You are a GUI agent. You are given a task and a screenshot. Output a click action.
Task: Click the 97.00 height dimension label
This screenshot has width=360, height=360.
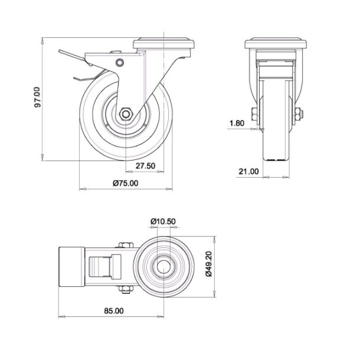click(37, 97)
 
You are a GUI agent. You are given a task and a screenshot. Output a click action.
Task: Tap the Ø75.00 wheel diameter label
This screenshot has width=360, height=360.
click(125, 184)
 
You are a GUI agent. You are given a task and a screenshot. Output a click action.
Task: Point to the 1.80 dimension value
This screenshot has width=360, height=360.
click(236, 123)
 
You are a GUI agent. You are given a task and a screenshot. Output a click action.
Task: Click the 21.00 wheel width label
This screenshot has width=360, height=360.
click(248, 172)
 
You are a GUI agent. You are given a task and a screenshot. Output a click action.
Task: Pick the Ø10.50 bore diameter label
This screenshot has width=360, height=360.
click(163, 221)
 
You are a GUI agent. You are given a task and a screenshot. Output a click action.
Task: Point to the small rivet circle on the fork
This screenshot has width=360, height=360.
click(120, 62)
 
